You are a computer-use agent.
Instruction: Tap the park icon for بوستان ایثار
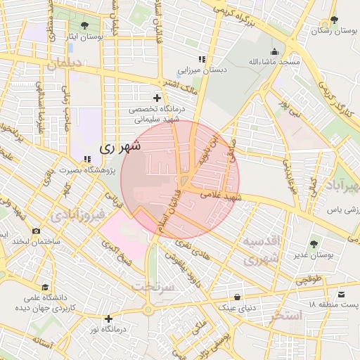pyautogui.click(x=85, y=25)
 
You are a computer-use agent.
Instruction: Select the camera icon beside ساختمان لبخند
pyautogui.click(x=36, y=231)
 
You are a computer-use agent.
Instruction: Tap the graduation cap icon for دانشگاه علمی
pyautogui.click(x=46, y=288)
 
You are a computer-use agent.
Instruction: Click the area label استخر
pyautogui.click(x=284, y=316)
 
